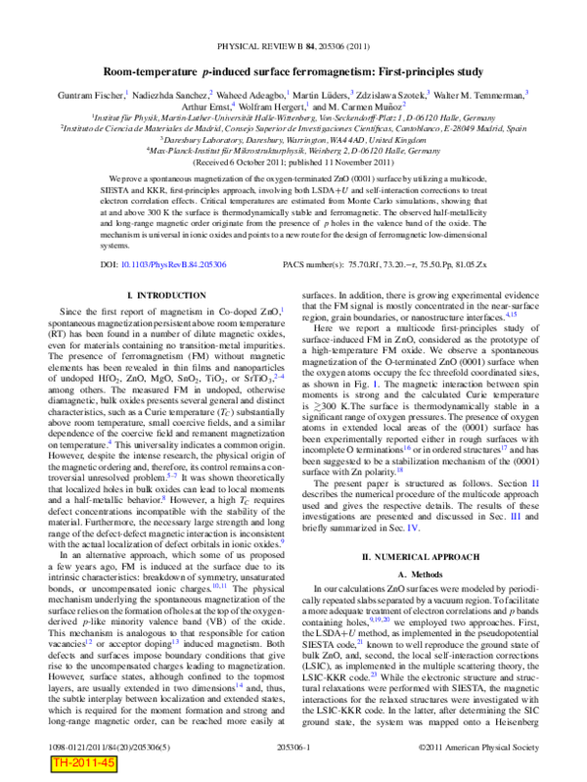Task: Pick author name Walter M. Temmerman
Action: [481, 94]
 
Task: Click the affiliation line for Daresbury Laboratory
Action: [293, 139]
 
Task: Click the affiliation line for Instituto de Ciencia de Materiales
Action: [293, 128]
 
